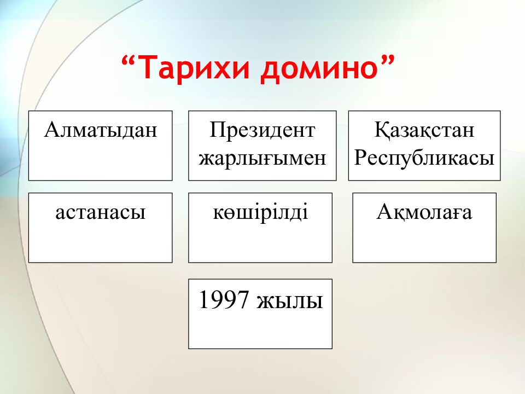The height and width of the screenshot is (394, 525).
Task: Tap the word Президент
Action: (262, 130)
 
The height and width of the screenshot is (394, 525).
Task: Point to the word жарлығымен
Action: (262, 158)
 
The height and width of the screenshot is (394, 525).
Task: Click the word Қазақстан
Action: (424, 130)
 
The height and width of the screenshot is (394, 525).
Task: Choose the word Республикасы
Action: (424, 158)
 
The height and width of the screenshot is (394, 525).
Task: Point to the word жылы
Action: (290, 300)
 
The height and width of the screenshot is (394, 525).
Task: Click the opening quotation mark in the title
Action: (130, 61)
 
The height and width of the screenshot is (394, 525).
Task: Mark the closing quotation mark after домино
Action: (388, 61)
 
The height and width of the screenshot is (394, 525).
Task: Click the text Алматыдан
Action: (101, 130)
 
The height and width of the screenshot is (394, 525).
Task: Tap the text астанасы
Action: (100, 212)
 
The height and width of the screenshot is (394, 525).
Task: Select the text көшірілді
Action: (260, 212)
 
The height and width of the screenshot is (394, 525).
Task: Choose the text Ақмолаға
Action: (424, 212)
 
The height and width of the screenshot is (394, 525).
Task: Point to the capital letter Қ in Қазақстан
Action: (381, 130)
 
